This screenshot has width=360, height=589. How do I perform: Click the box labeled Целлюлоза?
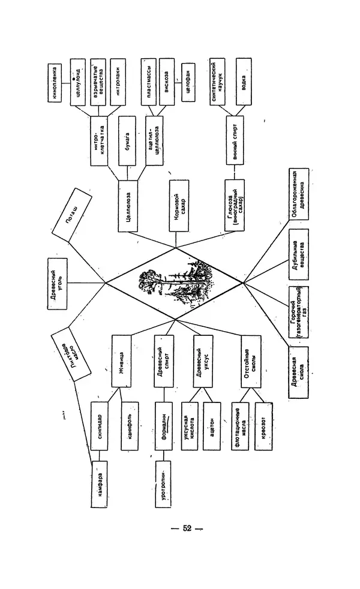[x=129, y=206]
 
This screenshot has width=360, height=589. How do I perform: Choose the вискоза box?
[x=167, y=82]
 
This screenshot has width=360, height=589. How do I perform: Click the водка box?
[x=243, y=82]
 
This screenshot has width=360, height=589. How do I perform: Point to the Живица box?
[x=121, y=360]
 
